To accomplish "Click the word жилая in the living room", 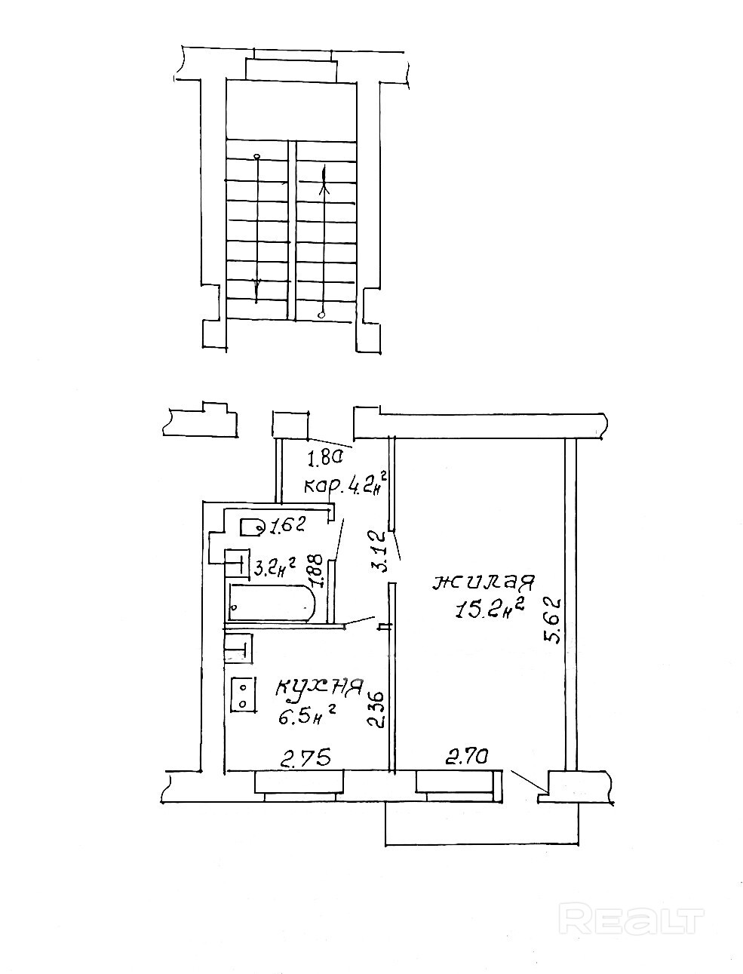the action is point(483,583).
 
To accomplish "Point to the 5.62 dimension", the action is point(553,620).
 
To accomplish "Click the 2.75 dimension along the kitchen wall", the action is point(306,757).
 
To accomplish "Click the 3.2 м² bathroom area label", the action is point(274,566).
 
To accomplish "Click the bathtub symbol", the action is point(271,604).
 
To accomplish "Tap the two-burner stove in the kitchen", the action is point(243,693).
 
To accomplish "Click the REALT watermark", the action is point(634,921).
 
